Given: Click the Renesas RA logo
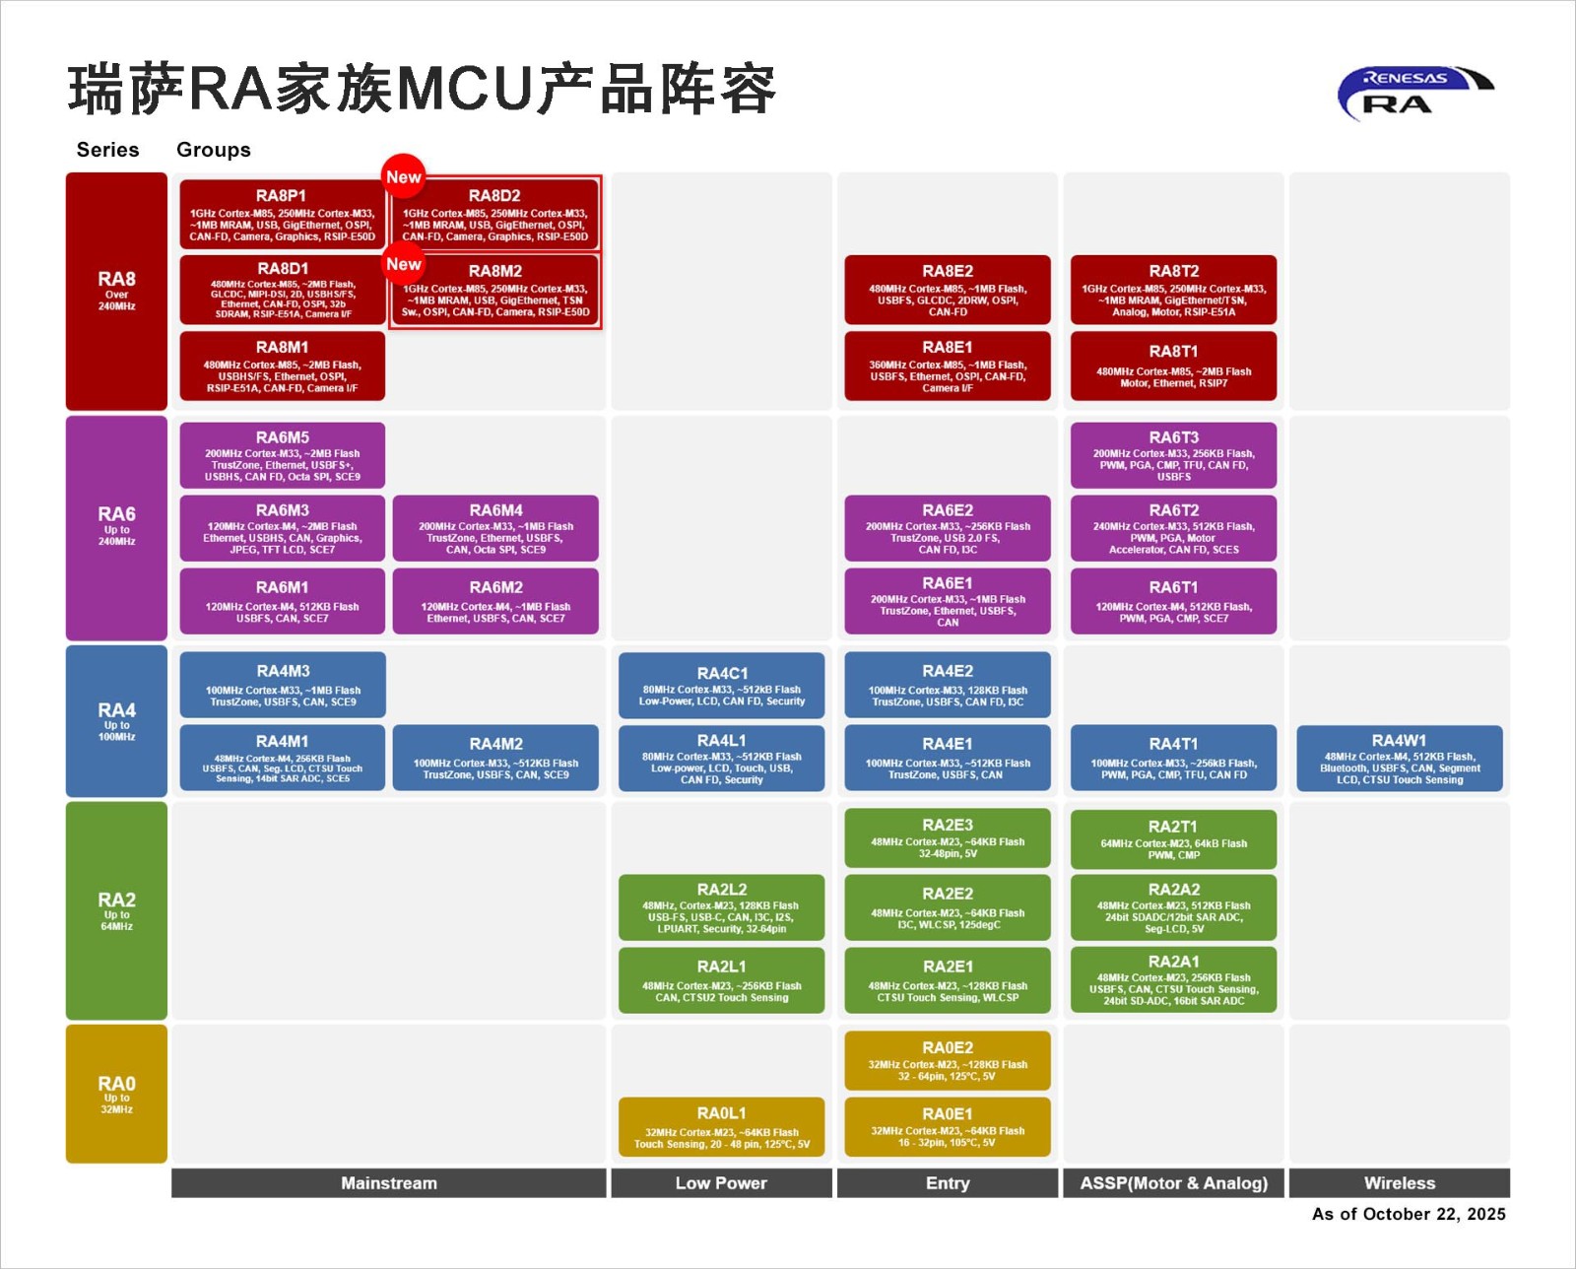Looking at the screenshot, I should [x=1414, y=93].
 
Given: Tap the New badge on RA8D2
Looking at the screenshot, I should [x=403, y=176].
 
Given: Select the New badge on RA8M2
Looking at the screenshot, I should [x=403, y=263].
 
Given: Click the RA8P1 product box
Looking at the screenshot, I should [x=282, y=214].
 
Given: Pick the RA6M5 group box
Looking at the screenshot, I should [x=282, y=455].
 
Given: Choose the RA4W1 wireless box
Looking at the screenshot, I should [x=1399, y=758].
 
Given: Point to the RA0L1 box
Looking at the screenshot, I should [x=721, y=1126].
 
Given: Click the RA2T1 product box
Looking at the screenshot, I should [x=1173, y=838].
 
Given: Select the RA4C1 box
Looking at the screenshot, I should [x=721, y=686].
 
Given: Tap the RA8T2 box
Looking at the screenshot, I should [x=1173, y=290].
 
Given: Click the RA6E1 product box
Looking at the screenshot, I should [x=947, y=601].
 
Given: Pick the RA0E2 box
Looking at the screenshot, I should [x=947, y=1060].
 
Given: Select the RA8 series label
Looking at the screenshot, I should [x=116, y=291].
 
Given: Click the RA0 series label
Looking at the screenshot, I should [x=116, y=1094].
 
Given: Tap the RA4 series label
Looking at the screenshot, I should [x=116, y=720].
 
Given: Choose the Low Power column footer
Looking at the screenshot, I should [x=721, y=1182].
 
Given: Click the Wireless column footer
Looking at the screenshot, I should [x=1399, y=1182].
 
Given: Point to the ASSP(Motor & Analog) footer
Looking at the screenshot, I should [x=1173, y=1182].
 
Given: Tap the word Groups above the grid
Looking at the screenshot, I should [x=213, y=150].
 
